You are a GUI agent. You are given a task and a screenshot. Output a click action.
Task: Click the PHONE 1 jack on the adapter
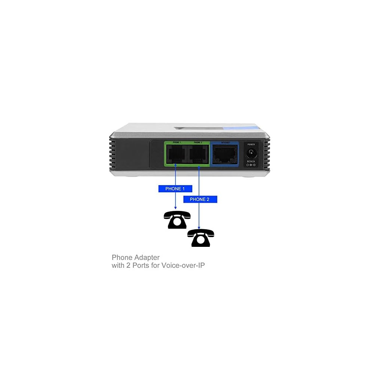click(x=177, y=154)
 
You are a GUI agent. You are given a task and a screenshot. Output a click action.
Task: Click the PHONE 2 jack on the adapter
click(x=198, y=154)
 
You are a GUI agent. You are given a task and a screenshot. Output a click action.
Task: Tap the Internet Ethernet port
click(x=224, y=154)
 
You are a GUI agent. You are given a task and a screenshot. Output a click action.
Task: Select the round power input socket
click(x=251, y=153)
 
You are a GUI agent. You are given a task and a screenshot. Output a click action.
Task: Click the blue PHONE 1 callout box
click(x=175, y=189)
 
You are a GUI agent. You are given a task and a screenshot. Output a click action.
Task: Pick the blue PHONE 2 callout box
click(x=200, y=199)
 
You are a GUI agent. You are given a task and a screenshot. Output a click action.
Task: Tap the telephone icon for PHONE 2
click(x=201, y=238)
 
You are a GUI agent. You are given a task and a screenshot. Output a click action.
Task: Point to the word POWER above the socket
click(x=251, y=144)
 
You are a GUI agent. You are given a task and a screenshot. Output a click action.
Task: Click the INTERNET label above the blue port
click(x=226, y=143)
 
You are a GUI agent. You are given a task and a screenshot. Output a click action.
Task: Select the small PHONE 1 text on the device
click(x=177, y=143)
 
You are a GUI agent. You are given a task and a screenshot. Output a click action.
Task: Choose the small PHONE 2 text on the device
click(x=198, y=143)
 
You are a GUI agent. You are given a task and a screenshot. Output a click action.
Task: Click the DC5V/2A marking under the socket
click(x=251, y=161)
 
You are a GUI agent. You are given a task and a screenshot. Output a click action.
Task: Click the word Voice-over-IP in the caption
click(x=183, y=266)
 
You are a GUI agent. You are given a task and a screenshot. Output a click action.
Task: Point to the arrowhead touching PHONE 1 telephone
click(x=175, y=208)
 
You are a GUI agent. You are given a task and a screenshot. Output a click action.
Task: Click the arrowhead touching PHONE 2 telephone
click(x=199, y=227)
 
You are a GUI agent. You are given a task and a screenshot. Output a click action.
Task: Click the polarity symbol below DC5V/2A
click(x=251, y=165)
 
